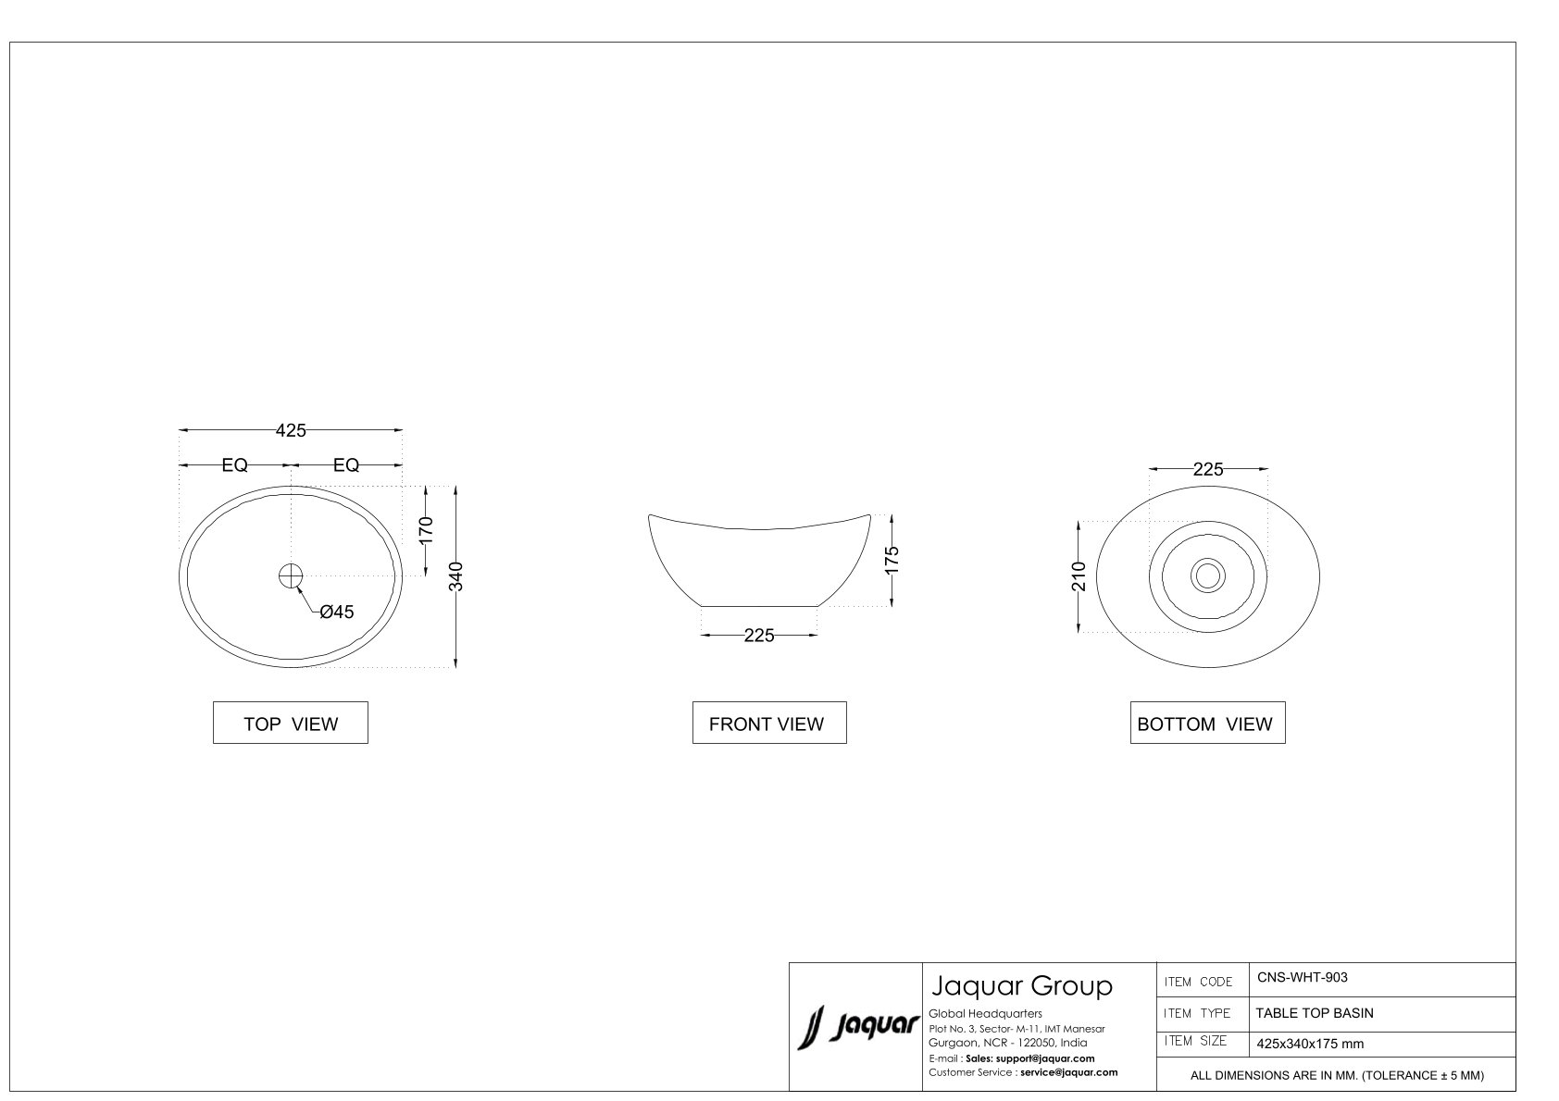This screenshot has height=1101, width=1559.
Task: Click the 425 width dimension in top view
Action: coord(291,430)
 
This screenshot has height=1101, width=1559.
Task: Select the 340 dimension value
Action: coord(455,576)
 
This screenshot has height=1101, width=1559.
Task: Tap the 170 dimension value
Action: coord(426,530)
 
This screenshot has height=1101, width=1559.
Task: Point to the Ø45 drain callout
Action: coord(337,612)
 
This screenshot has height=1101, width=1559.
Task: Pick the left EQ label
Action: coord(234,465)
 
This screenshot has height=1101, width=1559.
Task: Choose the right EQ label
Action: coord(346,465)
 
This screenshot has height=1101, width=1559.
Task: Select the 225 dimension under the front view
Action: coord(759,636)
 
